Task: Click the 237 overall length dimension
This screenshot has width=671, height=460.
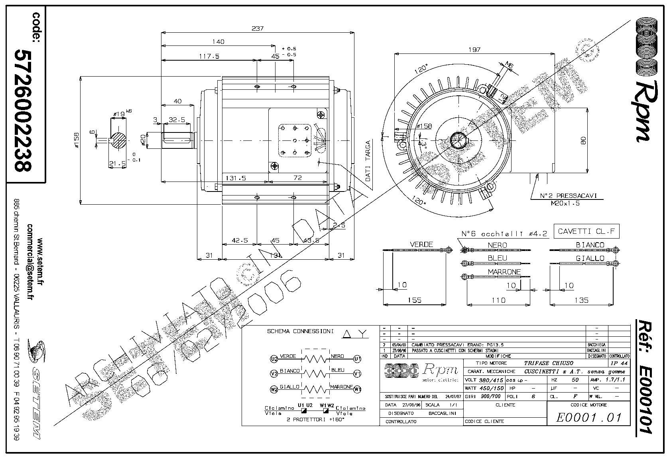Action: click(x=258, y=29)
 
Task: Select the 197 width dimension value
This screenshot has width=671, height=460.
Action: click(x=474, y=50)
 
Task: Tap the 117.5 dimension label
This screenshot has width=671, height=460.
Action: click(x=209, y=56)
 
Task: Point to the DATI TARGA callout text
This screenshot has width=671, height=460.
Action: click(x=368, y=161)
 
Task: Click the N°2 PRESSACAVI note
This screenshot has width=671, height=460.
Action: click(x=568, y=196)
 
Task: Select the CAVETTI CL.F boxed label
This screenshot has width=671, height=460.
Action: click(x=586, y=231)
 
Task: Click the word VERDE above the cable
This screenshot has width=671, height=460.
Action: click(x=421, y=244)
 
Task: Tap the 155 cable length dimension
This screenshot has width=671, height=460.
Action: click(x=415, y=300)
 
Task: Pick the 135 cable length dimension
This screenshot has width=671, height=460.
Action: click(x=580, y=300)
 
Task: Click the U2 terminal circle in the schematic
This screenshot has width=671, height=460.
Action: click(x=274, y=359)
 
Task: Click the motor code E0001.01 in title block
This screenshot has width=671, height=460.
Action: click(x=589, y=418)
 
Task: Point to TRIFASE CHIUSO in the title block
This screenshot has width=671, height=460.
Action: click(x=549, y=363)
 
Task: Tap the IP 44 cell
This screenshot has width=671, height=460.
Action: click(x=619, y=363)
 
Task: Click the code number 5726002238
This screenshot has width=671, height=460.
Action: click(x=23, y=111)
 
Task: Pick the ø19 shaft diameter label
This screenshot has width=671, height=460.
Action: click(x=118, y=115)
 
